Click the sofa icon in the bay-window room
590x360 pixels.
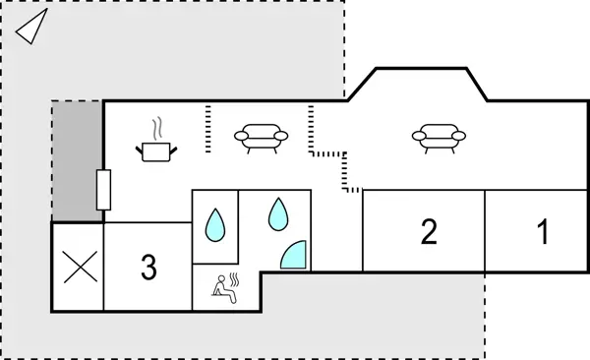(x=435, y=138)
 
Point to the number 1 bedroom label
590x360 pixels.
(x=542, y=233)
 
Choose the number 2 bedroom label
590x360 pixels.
(x=429, y=233)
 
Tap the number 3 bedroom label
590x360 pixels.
(x=148, y=267)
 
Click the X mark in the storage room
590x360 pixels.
(x=78, y=267)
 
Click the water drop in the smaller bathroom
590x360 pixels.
(x=213, y=226)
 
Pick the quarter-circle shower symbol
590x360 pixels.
(x=294, y=255)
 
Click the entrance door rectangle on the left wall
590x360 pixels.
(x=103, y=189)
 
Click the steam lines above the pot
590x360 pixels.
(x=157, y=129)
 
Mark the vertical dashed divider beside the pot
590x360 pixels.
(x=208, y=130)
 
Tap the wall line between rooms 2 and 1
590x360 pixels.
(x=485, y=231)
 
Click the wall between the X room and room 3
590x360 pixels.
(x=103, y=267)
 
